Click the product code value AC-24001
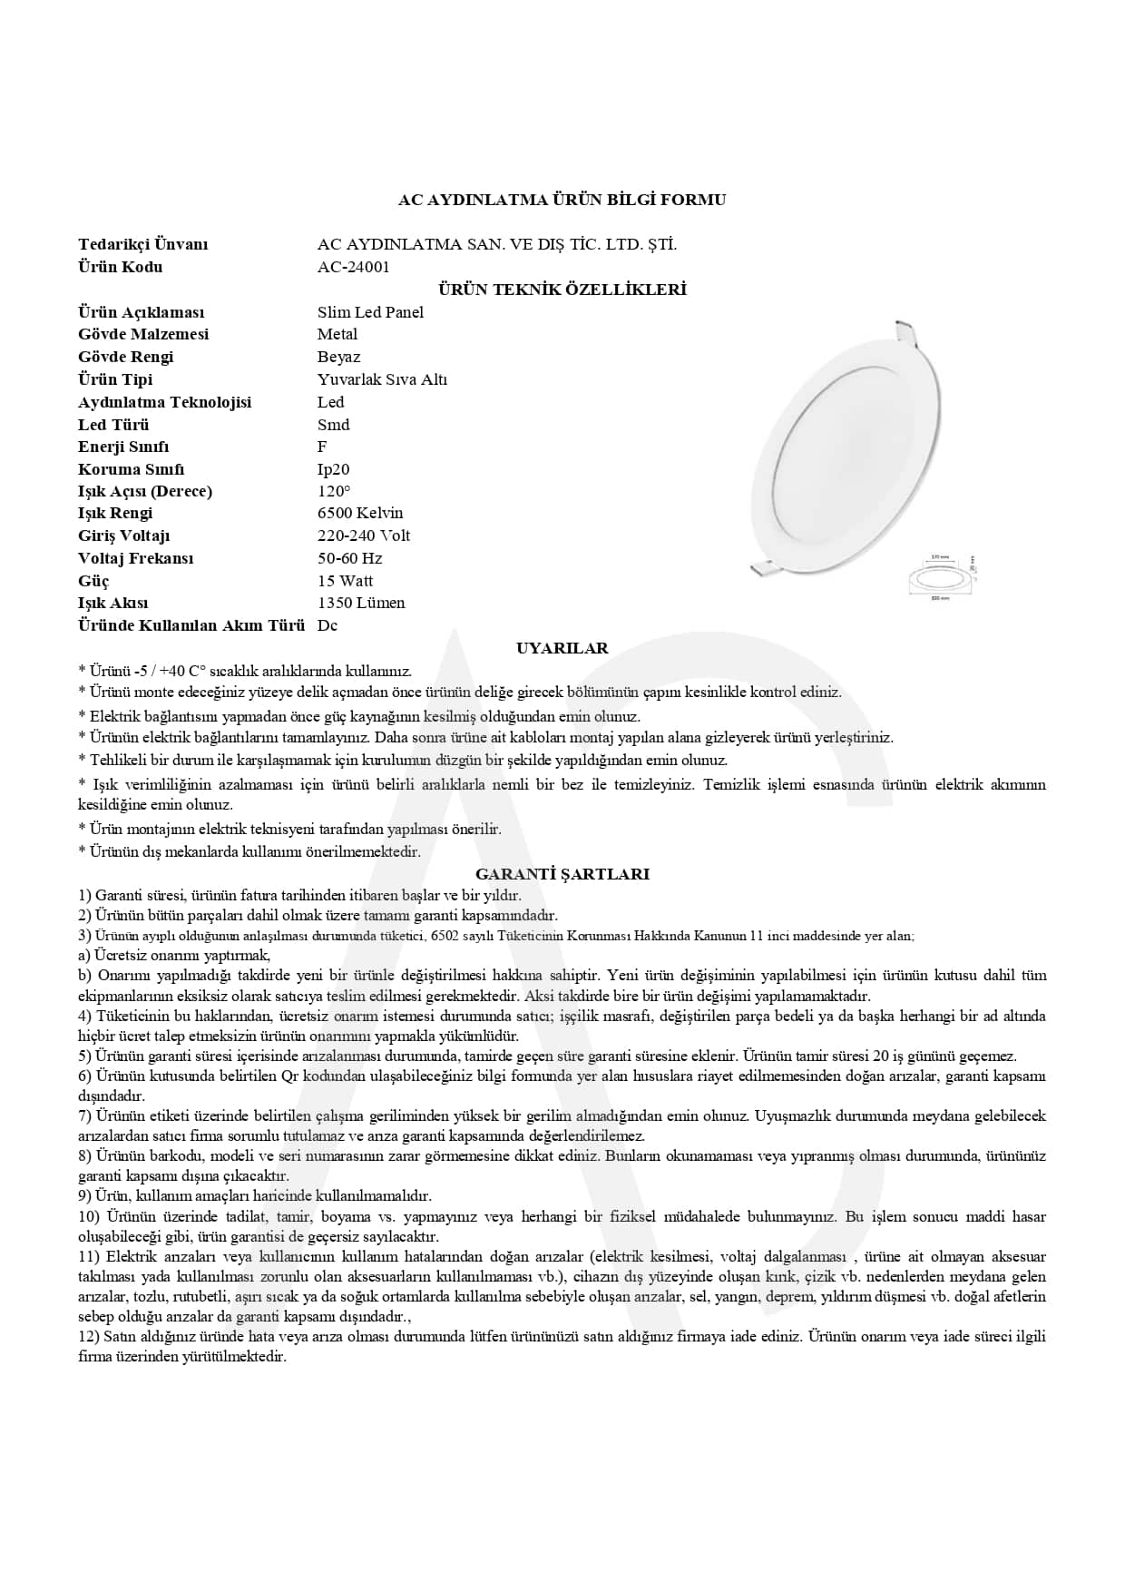pyautogui.click(x=353, y=267)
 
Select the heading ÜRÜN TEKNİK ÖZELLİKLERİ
pyautogui.click(x=562, y=290)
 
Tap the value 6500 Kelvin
pyautogui.click(x=360, y=513)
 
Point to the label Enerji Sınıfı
pyautogui.click(x=123, y=447)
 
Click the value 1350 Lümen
pyautogui.click(x=361, y=603)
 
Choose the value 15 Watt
pyautogui.click(x=345, y=581)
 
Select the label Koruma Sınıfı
pyautogui.click(x=131, y=469)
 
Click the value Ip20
pyautogui.click(x=333, y=469)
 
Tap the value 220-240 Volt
pyautogui.click(x=364, y=536)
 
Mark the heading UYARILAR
pyautogui.click(x=562, y=648)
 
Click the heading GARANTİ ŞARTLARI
pyautogui.click(x=562, y=874)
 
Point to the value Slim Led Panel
pyautogui.click(x=370, y=312)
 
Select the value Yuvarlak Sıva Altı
pyautogui.click(x=382, y=379)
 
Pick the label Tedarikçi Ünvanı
pyautogui.click(x=142, y=244)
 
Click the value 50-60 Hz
pyautogui.click(x=349, y=558)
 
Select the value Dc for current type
pyautogui.click(x=328, y=625)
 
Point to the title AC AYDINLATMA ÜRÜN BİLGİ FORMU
pyautogui.click(x=562, y=200)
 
